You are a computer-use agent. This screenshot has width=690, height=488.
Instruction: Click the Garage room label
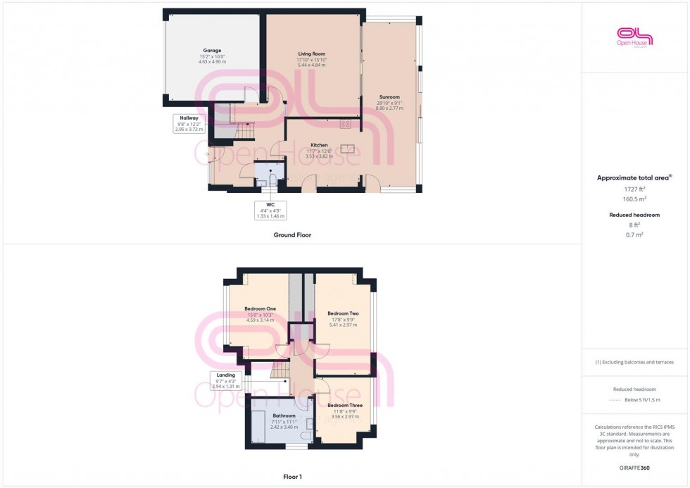[212, 51]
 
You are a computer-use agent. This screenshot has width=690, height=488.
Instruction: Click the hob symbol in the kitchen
[346, 125]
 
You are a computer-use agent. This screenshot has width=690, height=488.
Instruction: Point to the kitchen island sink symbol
[348, 149]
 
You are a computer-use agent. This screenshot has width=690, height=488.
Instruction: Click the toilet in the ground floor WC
[272, 180]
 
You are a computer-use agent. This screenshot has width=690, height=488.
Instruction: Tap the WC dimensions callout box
[270, 211]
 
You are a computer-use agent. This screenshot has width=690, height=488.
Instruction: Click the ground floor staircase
[243, 132]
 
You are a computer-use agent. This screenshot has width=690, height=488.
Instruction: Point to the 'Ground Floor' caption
[292, 235]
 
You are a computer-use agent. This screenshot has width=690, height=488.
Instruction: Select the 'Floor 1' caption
[291, 477]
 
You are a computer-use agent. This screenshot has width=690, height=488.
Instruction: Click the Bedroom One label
[260, 308]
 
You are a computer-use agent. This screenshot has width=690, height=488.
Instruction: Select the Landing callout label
[227, 375]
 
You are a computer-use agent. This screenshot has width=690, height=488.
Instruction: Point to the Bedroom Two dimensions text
[344, 325]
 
